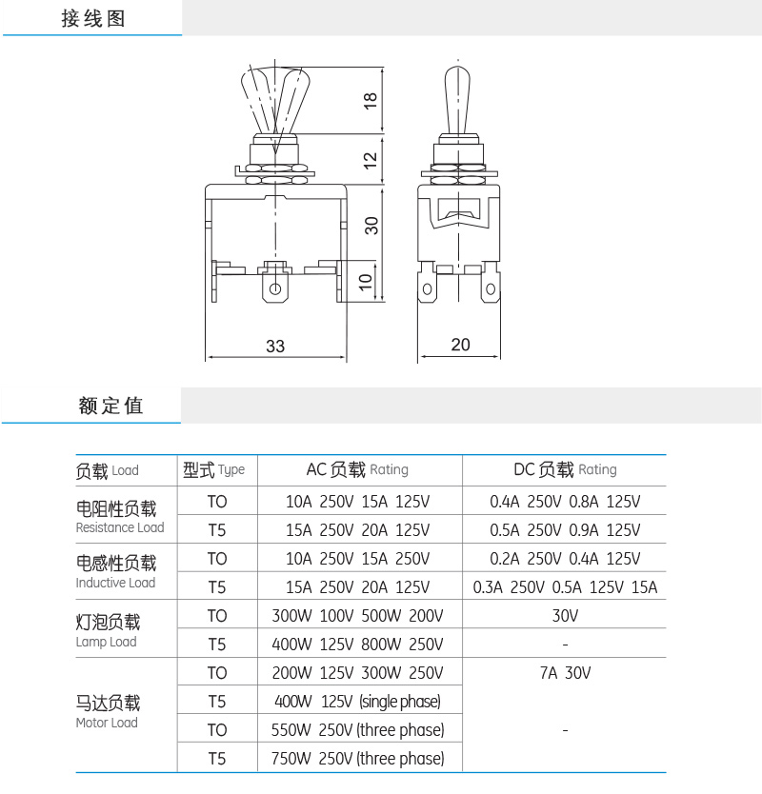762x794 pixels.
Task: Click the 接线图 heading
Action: point(93,19)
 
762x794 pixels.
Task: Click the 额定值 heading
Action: point(110,406)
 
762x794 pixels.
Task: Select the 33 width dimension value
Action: point(274,347)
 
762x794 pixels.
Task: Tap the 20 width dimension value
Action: point(460,345)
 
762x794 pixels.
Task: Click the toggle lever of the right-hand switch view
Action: point(460,100)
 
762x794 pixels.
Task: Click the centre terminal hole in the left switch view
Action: point(276,288)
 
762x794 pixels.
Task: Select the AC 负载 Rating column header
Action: point(357,469)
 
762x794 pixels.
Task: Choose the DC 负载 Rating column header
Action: point(565,469)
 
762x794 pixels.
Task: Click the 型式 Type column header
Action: point(214,469)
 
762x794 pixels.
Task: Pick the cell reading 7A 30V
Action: point(565,673)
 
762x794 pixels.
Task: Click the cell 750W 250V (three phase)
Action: point(359,759)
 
